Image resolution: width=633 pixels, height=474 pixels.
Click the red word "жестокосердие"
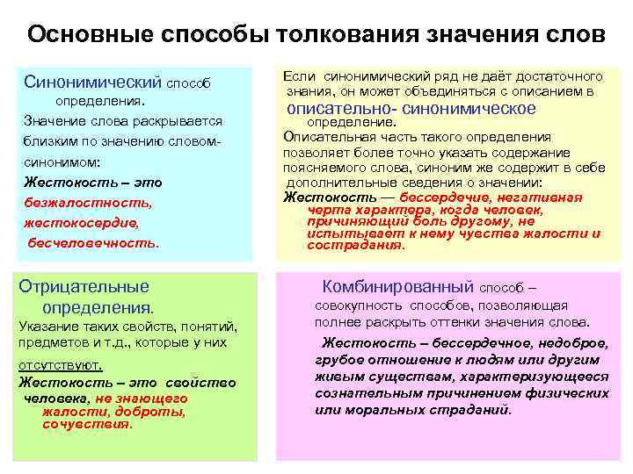point(81,223)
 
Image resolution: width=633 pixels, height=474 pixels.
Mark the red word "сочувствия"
point(86,424)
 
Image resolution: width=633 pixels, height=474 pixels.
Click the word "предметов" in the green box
point(52,343)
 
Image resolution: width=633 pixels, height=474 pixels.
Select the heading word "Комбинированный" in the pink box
point(398,286)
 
